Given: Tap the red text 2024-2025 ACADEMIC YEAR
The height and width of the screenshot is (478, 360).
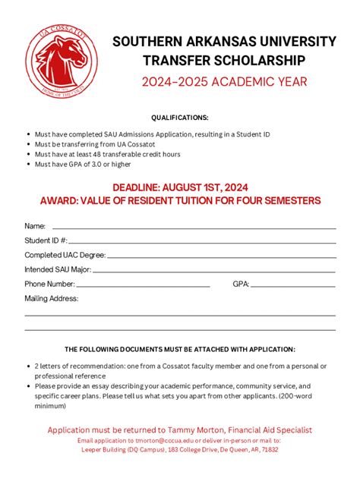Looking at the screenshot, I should (x=224, y=81).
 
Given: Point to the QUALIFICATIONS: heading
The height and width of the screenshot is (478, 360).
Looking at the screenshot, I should (x=179, y=118).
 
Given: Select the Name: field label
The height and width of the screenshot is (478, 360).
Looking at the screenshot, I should (x=35, y=226).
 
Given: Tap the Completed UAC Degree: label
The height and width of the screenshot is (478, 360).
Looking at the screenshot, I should (x=65, y=255).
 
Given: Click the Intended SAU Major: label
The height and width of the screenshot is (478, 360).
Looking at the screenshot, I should (x=58, y=269).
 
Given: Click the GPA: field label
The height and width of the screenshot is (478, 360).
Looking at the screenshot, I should (x=242, y=284).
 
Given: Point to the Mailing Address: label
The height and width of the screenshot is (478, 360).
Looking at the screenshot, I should (x=52, y=298).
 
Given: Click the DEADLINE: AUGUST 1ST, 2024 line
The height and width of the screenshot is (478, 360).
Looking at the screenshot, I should (x=180, y=187).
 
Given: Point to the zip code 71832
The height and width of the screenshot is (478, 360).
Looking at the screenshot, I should (x=269, y=449).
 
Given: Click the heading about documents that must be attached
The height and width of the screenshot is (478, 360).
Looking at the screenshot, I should (x=180, y=349).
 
